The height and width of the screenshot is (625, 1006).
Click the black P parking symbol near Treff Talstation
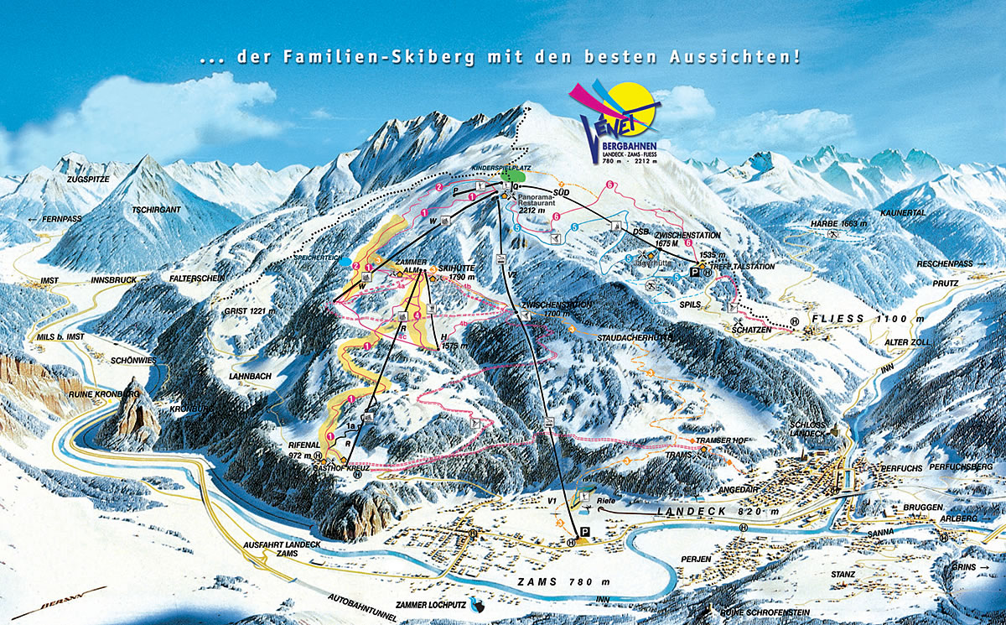pos(694,273)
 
